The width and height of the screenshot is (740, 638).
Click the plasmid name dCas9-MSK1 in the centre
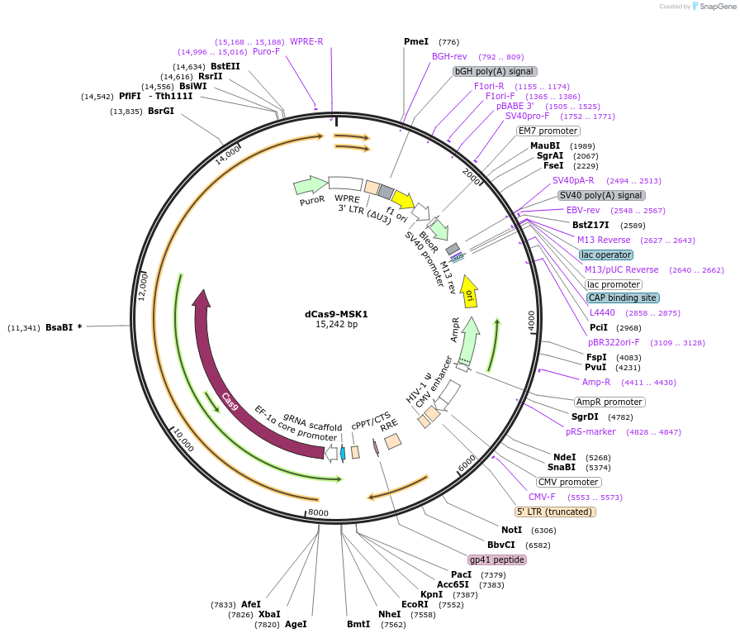(336, 314)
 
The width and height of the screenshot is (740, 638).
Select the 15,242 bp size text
(336, 325)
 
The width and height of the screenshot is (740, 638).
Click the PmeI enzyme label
(416, 41)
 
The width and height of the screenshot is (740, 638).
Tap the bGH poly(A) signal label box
(495, 71)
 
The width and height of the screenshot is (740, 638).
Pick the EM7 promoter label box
(548, 131)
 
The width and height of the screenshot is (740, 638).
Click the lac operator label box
(606, 255)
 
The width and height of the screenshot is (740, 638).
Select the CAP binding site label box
(623, 298)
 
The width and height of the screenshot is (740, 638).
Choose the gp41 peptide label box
(497, 559)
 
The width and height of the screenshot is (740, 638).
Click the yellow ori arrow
(470, 293)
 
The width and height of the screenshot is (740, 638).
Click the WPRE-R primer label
(306, 41)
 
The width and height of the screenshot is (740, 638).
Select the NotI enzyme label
(511, 530)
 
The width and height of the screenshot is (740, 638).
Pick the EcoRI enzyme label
(415, 604)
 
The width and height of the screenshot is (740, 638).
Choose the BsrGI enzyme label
(161, 111)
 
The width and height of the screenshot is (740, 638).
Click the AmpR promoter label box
(610, 402)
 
